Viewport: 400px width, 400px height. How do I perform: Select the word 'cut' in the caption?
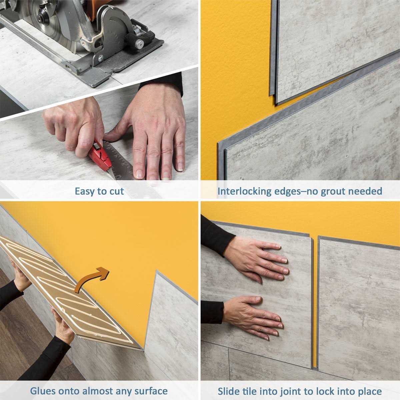(116, 191)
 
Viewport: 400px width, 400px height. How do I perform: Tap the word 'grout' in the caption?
(335, 191)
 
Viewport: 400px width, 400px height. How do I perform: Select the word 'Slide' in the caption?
(229, 391)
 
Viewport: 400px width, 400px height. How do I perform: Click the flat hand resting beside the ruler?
(157, 133)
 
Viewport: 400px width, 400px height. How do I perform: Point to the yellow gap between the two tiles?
(315, 300)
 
